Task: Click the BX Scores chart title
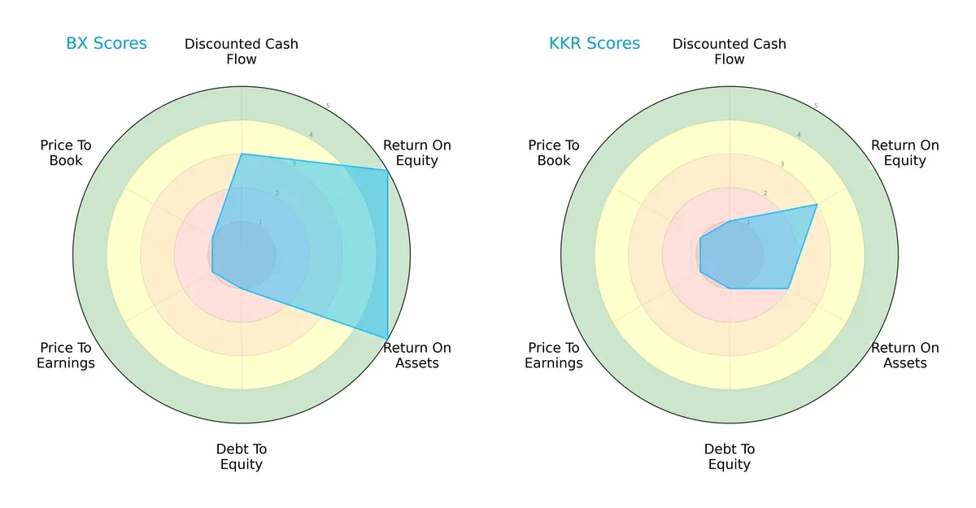[107, 44]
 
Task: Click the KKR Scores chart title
[595, 44]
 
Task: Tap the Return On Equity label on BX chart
[416, 153]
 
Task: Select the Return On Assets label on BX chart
[416, 355]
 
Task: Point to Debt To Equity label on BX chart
[242, 457]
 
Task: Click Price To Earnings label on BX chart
[66, 355]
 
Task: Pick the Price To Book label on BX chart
[66, 153]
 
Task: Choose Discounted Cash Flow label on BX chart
[242, 51]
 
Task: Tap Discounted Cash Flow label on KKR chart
[730, 51]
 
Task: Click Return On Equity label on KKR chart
[904, 153]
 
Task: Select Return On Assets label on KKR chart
[904, 355]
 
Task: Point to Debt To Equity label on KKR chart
[730, 457]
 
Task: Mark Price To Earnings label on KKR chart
[554, 355]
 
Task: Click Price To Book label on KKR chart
[554, 153]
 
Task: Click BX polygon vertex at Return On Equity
[386, 170]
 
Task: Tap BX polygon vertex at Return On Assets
[387, 338]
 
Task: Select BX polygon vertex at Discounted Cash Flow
[242, 154]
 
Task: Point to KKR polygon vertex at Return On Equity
[817, 205]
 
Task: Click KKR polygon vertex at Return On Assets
[787, 288]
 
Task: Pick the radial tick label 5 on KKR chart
[815, 106]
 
